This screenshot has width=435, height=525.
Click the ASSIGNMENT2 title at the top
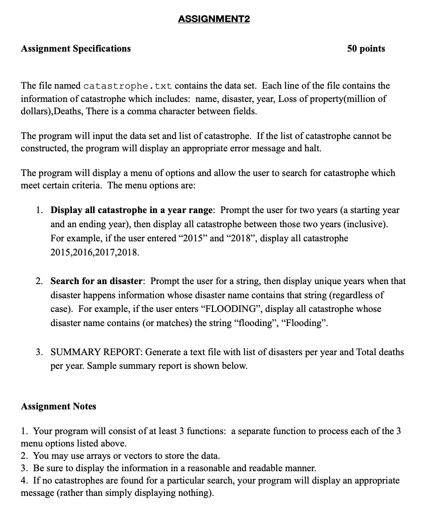(x=214, y=19)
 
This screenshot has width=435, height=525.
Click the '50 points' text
(x=366, y=49)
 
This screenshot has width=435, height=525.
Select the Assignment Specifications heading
(x=76, y=49)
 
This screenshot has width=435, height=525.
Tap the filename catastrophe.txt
(x=127, y=86)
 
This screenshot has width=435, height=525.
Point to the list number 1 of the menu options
(x=39, y=210)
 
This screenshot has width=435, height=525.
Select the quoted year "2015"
(x=192, y=239)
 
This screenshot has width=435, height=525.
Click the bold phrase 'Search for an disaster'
(x=97, y=281)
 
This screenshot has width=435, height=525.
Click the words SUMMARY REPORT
(x=96, y=352)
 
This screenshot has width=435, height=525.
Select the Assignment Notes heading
(x=58, y=406)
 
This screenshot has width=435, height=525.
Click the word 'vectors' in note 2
(x=145, y=456)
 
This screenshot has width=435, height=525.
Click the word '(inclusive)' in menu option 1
(x=366, y=225)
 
